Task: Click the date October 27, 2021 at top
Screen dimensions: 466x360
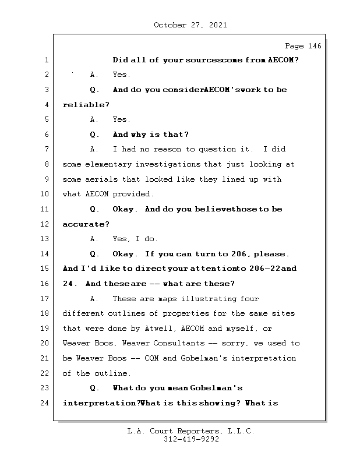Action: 190,25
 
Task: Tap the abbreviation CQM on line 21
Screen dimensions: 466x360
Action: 151,358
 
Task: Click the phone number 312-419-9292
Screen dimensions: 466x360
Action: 191,440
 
